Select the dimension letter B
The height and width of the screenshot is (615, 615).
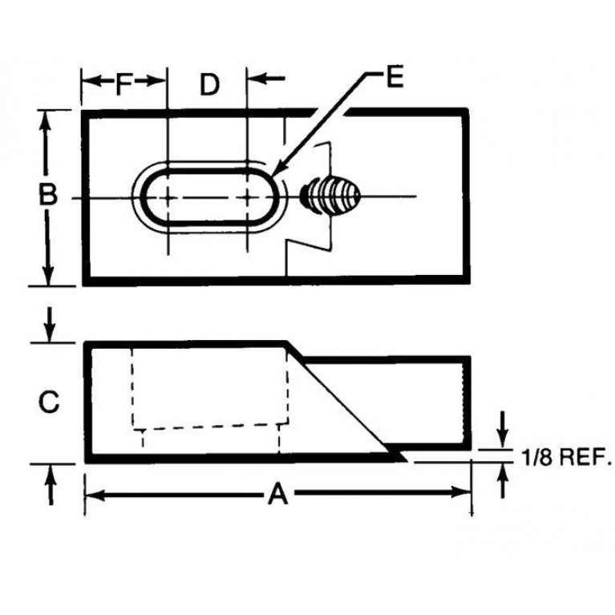48,194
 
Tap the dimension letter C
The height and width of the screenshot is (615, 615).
49,402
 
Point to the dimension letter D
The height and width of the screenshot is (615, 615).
210,84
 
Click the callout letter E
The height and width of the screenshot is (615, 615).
394,76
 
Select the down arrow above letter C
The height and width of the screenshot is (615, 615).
50,325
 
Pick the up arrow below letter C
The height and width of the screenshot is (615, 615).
51,485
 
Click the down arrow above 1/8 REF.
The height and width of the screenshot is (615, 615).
503,430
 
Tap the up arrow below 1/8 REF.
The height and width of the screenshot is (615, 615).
503,481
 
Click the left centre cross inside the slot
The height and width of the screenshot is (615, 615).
168,198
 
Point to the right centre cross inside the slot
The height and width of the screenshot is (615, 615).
247,197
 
